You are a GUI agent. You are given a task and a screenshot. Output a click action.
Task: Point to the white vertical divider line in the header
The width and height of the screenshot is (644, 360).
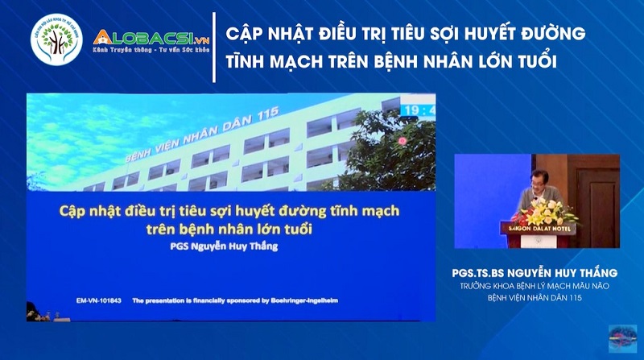(213, 47)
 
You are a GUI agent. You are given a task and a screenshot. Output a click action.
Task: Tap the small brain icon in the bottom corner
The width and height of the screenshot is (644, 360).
(621, 337)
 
